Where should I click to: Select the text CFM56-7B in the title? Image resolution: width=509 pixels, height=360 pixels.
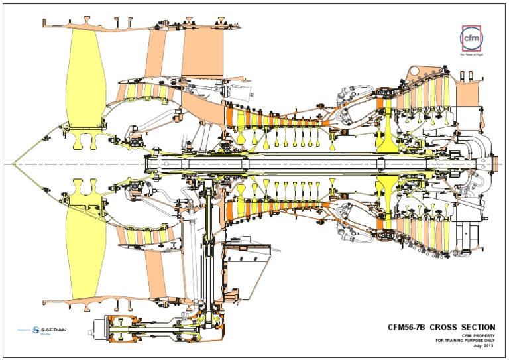[x=406, y=327]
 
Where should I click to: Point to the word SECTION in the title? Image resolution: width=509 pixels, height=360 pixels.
[x=477, y=327]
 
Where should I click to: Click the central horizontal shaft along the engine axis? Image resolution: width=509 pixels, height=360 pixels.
[x=298, y=164]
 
